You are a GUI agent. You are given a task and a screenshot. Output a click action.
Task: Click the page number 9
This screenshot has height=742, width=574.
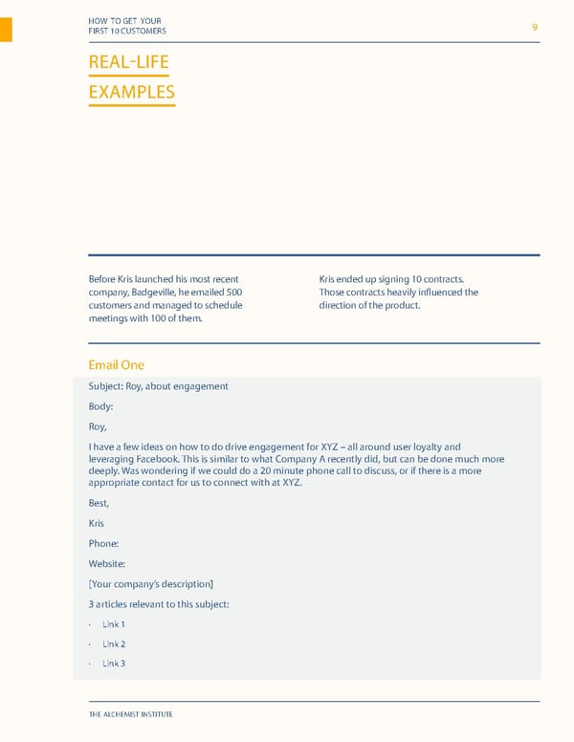pos(535,28)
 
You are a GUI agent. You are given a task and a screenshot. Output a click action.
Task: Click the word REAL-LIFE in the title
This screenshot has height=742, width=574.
pos(128,63)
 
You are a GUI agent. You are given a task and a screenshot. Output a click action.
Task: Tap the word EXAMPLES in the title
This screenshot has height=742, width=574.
pos(131,93)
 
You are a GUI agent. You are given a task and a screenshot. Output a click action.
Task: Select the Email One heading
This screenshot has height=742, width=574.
pos(116,364)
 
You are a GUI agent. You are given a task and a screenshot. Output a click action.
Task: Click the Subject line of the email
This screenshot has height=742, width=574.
pos(158,386)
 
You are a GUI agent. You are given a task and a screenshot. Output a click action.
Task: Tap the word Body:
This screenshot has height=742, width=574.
pos(100,406)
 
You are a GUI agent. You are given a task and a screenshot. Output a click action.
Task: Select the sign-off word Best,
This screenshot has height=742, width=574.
pos(99,503)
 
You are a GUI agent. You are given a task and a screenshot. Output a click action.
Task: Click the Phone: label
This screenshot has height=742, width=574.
pos(103,543)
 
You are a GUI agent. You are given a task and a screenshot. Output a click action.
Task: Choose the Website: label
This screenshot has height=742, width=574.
pos(106,563)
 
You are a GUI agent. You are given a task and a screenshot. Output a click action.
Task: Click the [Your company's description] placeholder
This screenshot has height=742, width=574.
pos(150,583)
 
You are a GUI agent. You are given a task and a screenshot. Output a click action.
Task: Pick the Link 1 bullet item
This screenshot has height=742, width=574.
pos(114,624)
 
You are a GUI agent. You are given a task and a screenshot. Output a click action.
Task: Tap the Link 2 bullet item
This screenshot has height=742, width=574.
pos(114,644)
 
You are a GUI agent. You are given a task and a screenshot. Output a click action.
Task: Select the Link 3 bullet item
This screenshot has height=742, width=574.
pos(114,663)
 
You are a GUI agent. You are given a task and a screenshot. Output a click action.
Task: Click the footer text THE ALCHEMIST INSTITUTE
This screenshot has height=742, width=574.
pos(130,714)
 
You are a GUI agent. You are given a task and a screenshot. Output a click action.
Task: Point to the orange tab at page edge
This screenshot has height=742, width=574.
pos(6,30)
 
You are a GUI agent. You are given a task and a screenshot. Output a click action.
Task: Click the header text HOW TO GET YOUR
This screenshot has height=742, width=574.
pos(123,21)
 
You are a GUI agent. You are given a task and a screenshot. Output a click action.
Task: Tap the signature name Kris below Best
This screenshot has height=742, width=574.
pos(96,523)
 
